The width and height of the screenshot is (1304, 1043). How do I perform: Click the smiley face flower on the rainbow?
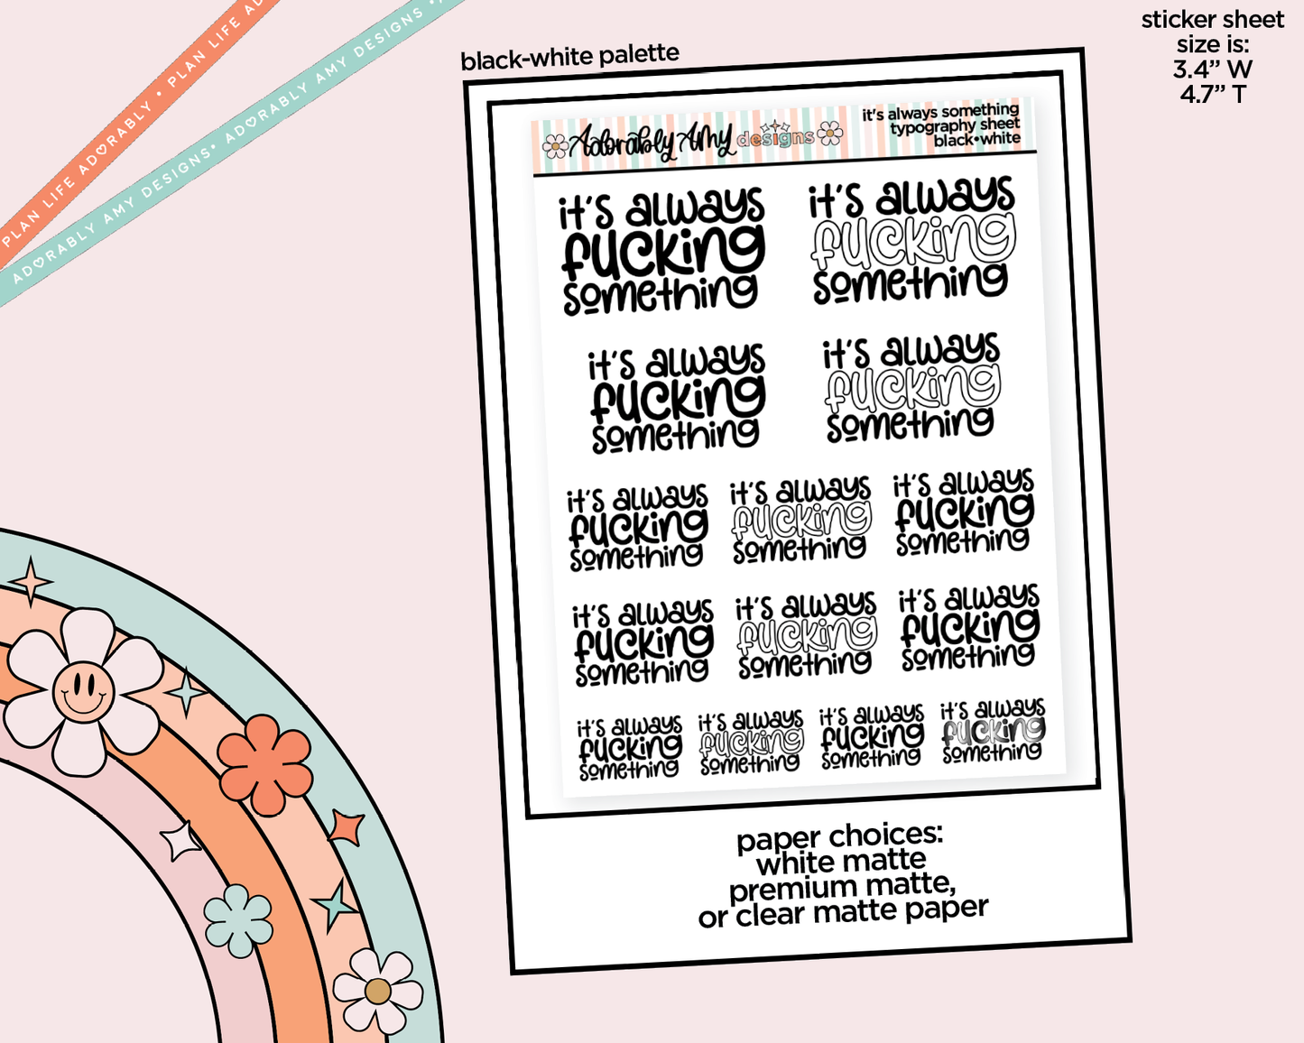point(82,691)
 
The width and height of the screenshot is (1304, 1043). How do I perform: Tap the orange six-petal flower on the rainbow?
point(264,764)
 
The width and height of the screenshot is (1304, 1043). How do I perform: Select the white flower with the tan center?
point(377,991)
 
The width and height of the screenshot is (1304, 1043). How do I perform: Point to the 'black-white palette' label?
point(569,58)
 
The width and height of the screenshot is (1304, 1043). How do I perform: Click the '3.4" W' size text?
point(1212,69)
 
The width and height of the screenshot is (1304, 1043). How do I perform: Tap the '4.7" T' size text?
point(1212,93)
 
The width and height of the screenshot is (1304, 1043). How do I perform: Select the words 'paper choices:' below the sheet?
point(839,837)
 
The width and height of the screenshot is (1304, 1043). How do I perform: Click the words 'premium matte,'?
point(842,888)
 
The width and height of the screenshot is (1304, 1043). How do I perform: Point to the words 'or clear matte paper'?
point(843,913)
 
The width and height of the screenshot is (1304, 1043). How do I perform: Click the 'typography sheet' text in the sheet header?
point(955,126)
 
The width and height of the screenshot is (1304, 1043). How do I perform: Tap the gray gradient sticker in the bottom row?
point(993,732)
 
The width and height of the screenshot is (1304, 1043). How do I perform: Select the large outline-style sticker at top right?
point(911,239)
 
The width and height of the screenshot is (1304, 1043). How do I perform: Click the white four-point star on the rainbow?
point(181,841)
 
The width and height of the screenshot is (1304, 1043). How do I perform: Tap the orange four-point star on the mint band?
point(347,827)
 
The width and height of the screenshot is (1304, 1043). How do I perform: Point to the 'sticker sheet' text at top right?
point(1212,20)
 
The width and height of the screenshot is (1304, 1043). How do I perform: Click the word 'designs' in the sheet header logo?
point(775,138)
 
